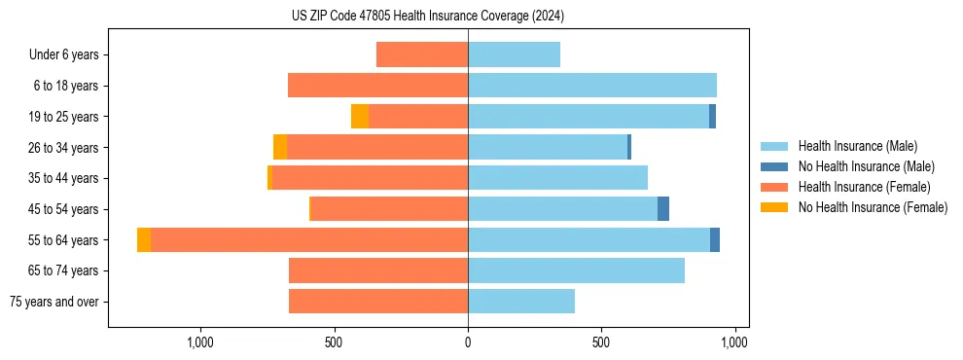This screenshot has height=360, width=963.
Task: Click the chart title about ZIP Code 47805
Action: (x=428, y=16)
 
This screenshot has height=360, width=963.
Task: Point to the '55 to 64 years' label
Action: (x=64, y=240)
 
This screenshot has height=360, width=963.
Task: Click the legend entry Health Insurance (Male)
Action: (x=857, y=146)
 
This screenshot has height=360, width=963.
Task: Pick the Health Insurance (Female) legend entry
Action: (x=864, y=187)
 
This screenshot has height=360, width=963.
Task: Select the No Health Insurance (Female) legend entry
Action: (x=873, y=207)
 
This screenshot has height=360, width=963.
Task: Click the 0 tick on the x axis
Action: (x=468, y=342)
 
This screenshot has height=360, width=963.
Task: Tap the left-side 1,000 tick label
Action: (x=200, y=342)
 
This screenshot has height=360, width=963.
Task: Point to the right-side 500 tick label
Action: (x=601, y=342)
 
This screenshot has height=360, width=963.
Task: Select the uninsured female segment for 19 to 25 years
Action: (x=360, y=117)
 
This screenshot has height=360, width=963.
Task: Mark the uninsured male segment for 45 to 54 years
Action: (x=663, y=209)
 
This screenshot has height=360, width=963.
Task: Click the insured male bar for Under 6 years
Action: (x=514, y=55)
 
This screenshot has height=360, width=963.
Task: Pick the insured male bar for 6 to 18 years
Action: (x=592, y=86)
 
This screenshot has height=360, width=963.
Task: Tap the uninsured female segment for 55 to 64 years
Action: (x=144, y=240)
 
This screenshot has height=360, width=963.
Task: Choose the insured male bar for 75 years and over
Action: (x=521, y=302)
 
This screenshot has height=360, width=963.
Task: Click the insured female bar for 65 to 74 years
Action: (x=378, y=270)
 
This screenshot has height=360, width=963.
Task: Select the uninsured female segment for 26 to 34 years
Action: (x=280, y=148)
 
